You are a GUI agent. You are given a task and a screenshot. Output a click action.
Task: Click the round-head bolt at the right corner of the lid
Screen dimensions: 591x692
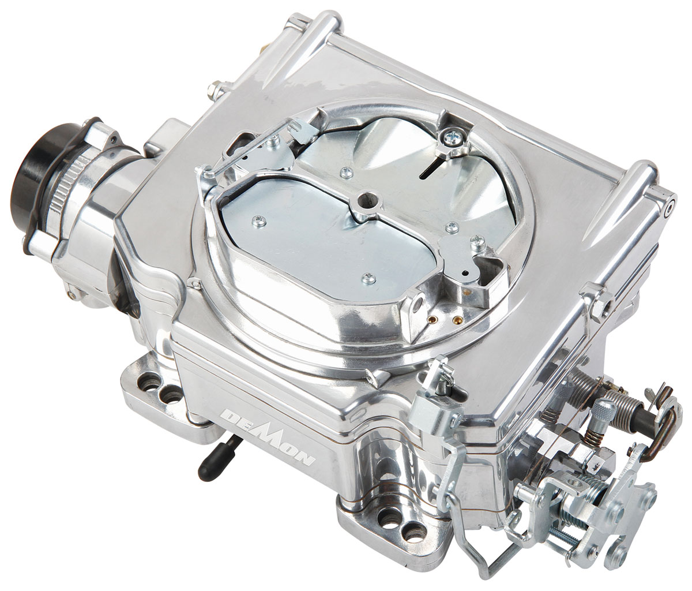[x=670, y=203]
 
